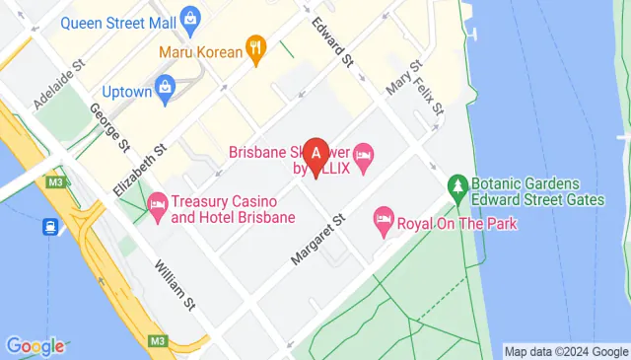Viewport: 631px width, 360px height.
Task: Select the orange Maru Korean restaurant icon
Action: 255,47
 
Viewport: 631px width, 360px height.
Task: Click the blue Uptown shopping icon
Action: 165,89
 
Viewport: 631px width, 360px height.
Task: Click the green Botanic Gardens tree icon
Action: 456,185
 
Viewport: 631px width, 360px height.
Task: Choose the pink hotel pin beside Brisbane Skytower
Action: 363,154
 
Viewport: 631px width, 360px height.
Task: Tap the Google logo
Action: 35,346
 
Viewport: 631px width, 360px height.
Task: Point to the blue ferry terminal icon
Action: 48,227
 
